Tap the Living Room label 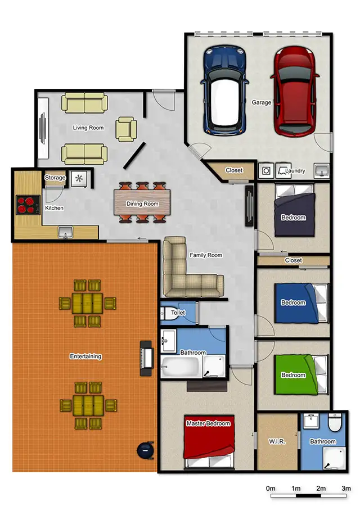[x=88, y=128]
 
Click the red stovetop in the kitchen [x=26, y=205]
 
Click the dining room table [x=142, y=203]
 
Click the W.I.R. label [x=277, y=442]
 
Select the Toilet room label [x=178, y=313]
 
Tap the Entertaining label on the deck [x=85, y=356]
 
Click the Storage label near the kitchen [x=56, y=178]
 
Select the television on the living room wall [x=43, y=130]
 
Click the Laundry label [x=295, y=170]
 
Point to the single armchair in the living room [x=125, y=129]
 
